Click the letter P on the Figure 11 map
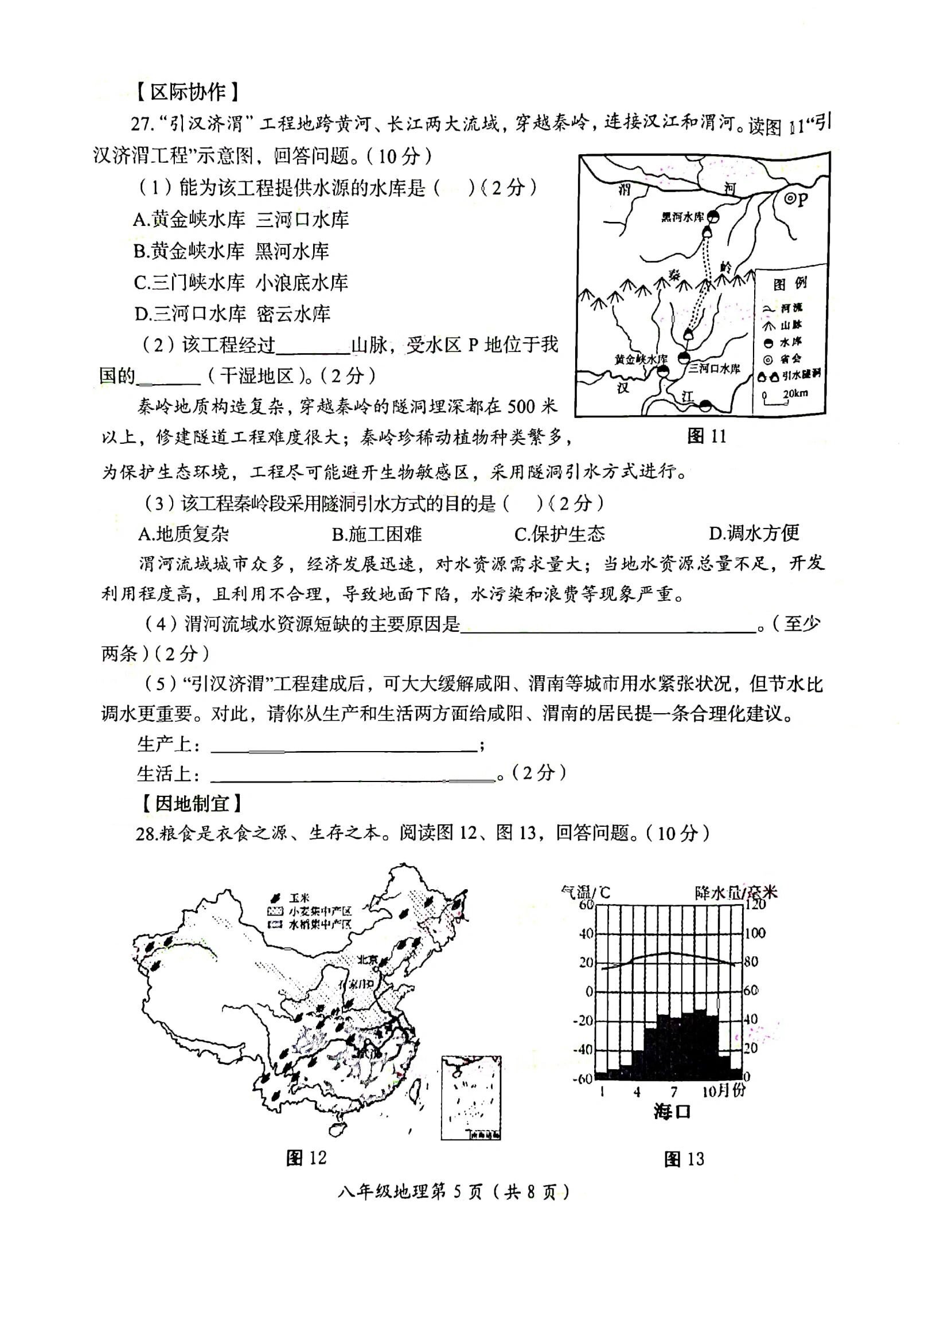pyautogui.click(x=802, y=200)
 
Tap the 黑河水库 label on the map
pyautogui.click(x=682, y=217)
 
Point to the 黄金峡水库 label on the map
pyautogui.click(x=640, y=359)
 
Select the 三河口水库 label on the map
pyautogui.click(x=714, y=368)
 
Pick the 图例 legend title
pyautogui.click(x=790, y=284)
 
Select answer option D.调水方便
pyautogui.click(x=754, y=533)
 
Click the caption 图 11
pyautogui.click(x=706, y=436)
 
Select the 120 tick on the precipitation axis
pyautogui.click(x=755, y=905)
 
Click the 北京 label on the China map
pyautogui.click(x=368, y=959)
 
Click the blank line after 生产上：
pyautogui.click(x=344, y=750)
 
